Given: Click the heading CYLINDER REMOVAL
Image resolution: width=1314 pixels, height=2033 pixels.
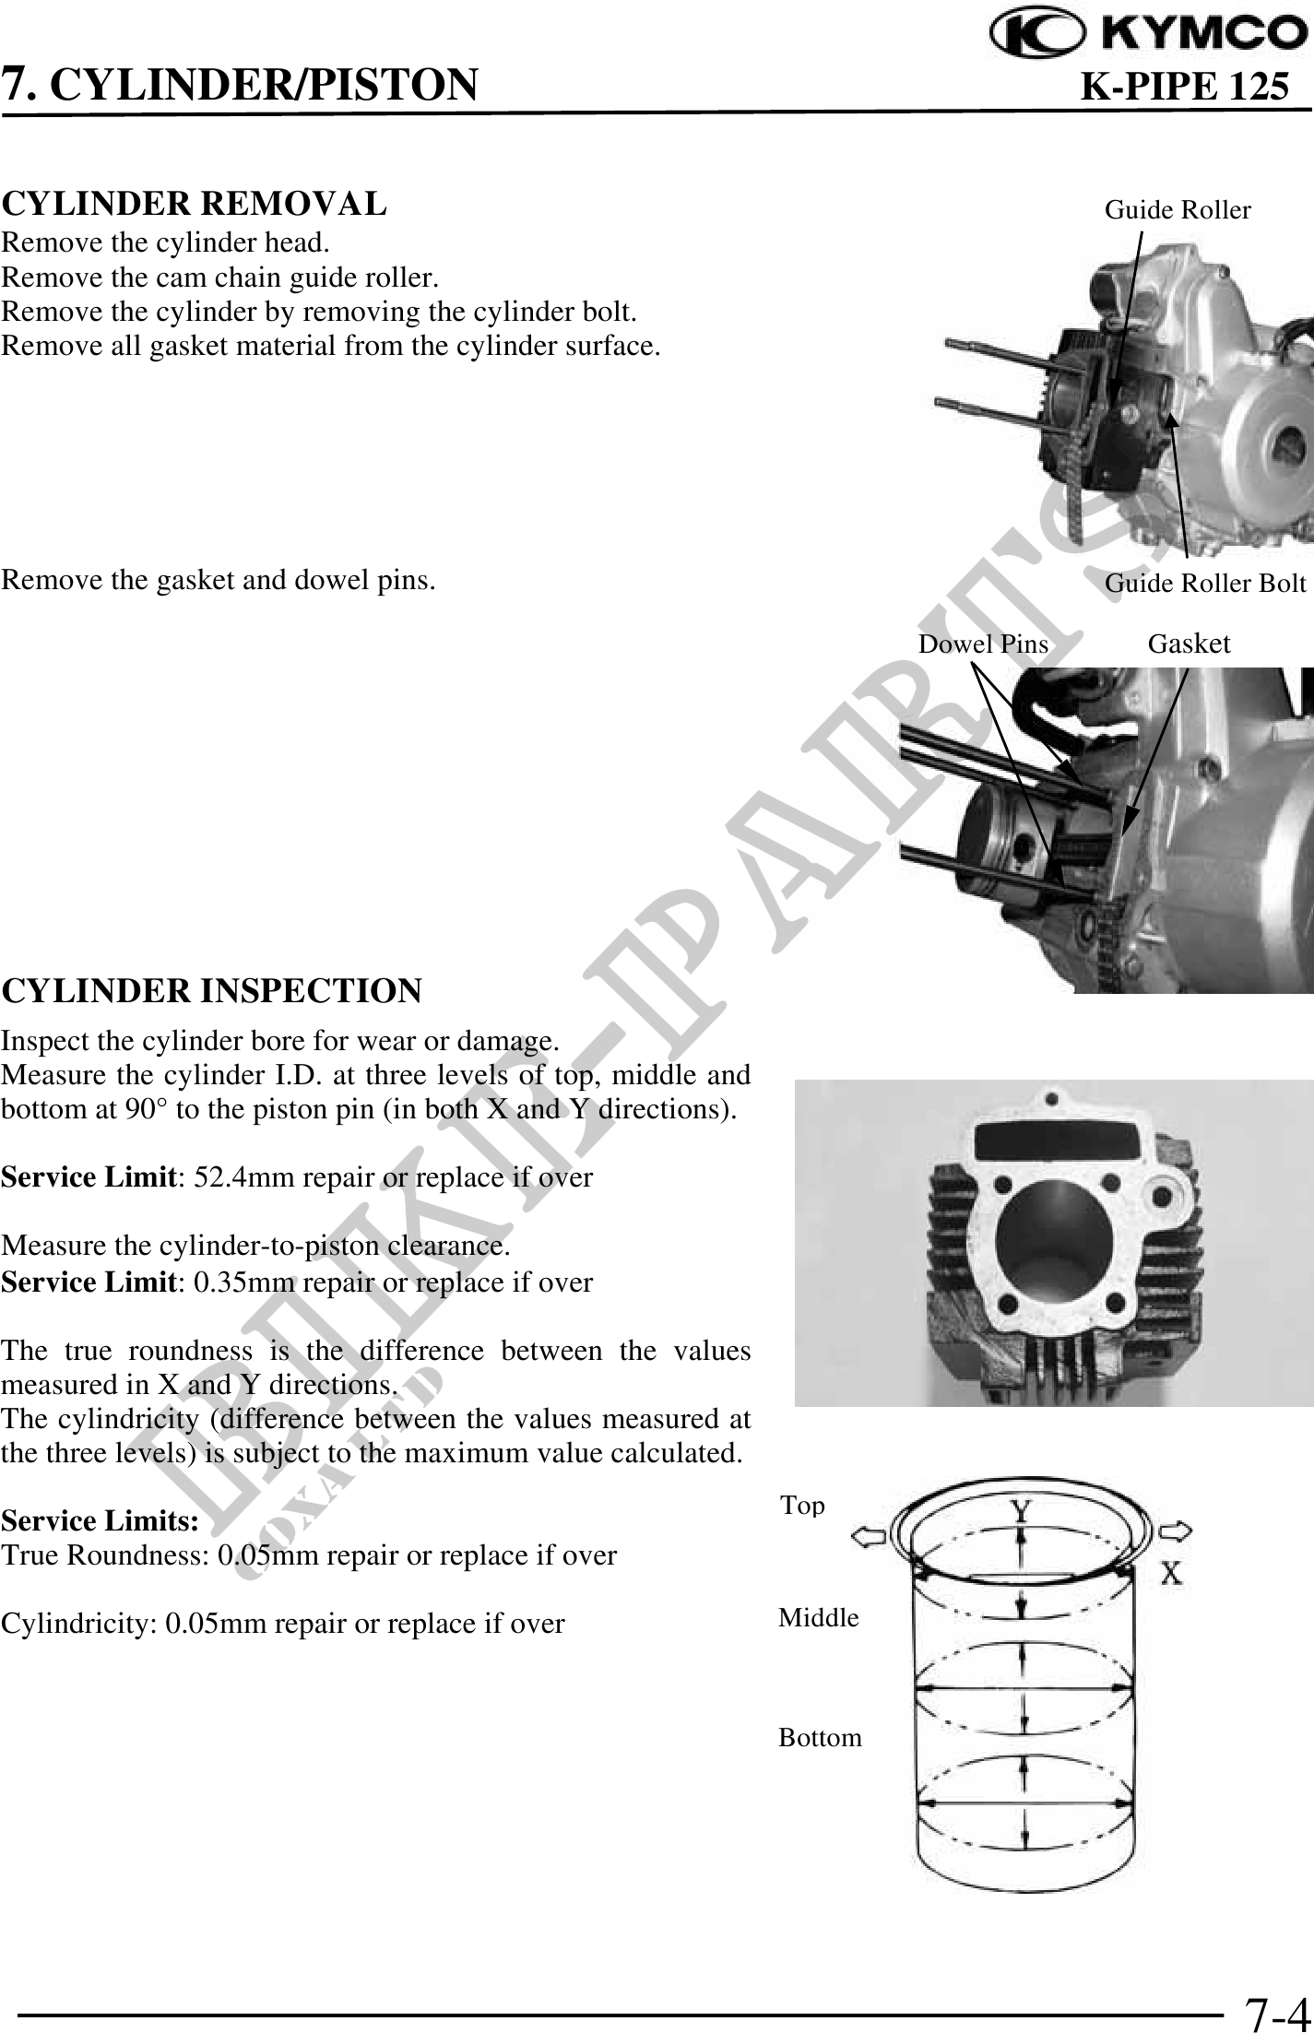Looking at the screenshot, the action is pos(194,203).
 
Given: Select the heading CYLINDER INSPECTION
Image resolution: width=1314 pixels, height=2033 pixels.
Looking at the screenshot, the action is pos(211,991).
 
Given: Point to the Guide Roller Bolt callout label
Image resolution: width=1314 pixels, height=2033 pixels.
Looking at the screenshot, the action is pos(1205,583).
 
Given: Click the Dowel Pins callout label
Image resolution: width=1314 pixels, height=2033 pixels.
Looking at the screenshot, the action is pos(983,644).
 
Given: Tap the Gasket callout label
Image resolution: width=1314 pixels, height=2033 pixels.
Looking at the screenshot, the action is pos(1189,644).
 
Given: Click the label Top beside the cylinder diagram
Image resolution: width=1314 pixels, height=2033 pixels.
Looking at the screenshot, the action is pos(802,1507).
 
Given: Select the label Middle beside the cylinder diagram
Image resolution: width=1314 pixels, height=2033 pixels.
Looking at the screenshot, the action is pos(819,1617).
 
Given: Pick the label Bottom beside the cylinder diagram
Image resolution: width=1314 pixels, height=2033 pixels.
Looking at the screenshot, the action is pos(820,1738).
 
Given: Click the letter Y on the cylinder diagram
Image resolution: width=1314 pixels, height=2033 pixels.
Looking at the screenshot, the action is pos(1020,1511).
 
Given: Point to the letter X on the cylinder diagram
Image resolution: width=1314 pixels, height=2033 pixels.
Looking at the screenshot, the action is pos(1171,1572).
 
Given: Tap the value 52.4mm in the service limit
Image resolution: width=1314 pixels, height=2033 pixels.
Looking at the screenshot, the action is pos(225,1177).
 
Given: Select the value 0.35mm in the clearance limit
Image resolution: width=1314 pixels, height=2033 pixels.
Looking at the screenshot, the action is pos(225,1282).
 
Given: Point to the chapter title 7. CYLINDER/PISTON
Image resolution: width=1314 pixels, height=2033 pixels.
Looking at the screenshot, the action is pos(240,85).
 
